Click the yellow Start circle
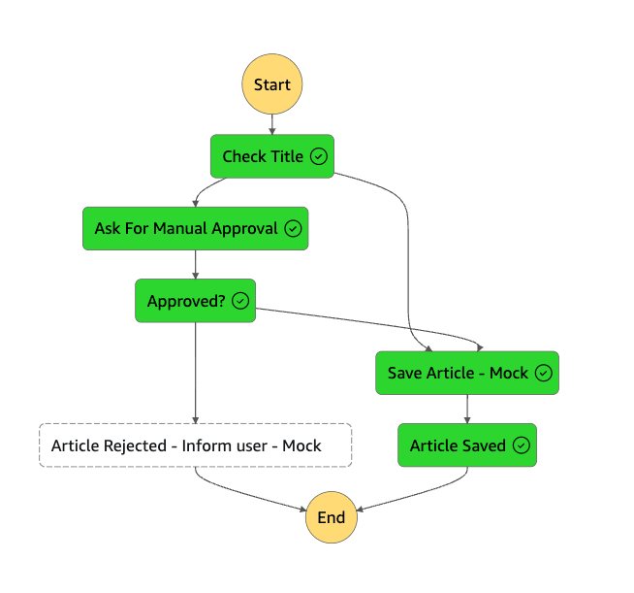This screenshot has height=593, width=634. click(x=272, y=84)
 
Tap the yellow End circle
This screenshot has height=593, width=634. click(x=332, y=517)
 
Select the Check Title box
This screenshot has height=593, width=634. click(x=272, y=156)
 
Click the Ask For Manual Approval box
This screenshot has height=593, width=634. click(x=195, y=228)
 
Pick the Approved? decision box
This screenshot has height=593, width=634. click(x=195, y=301)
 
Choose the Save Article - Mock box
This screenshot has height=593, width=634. click(x=467, y=373)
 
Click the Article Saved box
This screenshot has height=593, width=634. click(x=467, y=445)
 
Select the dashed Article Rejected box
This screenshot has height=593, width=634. click(x=195, y=445)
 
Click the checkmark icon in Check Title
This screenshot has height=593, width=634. click(x=319, y=156)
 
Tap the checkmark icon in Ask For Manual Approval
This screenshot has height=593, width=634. click(x=293, y=228)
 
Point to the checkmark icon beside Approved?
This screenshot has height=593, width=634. click(x=240, y=301)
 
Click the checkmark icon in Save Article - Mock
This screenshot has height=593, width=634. click(x=544, y=373)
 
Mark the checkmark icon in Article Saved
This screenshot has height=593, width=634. click(x=522, y=445)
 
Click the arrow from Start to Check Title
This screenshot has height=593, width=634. click(x=272, y=124)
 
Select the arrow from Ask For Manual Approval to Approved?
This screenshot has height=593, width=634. click(x=195, y=265)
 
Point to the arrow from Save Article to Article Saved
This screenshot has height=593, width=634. click(x=467, y=409)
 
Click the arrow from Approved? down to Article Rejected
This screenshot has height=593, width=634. click(x=195, y=373)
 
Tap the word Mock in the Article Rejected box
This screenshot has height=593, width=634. click(x=301, y=445)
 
